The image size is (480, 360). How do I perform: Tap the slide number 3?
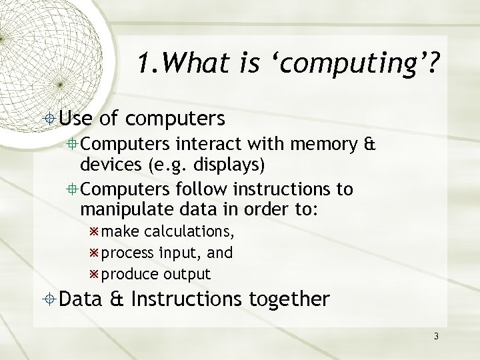(436, 336)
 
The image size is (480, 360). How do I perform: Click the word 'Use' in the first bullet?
(77, 119)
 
